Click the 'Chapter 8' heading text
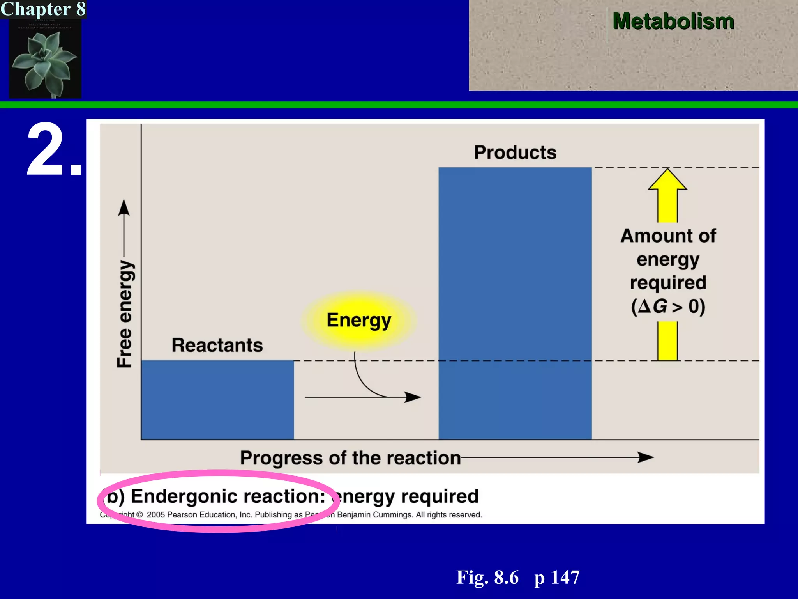(43, 9)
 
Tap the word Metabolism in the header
(673, 21)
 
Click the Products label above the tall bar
(515, 152)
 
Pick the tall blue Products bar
(515, 303)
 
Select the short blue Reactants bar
(217, 399)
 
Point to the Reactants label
(217, 345)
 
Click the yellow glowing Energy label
(358, 320)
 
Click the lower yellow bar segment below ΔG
(667, 340)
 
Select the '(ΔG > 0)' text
(668, 306)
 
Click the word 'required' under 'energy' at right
(668, 282)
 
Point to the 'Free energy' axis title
(125, 314)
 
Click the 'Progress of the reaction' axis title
(350, 458)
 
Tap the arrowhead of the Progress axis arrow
(645, 457)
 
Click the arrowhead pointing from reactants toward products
(412, 397)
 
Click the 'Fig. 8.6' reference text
(487, 577)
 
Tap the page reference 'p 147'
(557, 577)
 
